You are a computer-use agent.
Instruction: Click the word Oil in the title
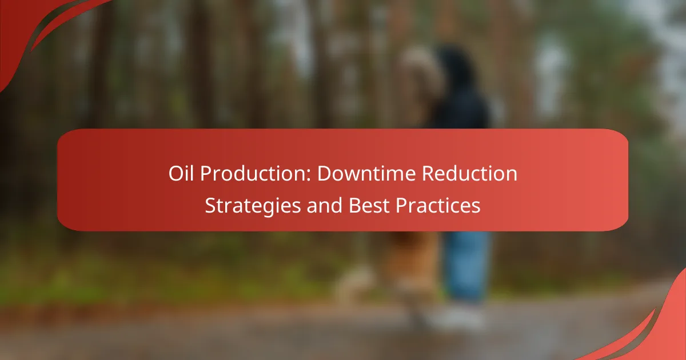(181, 173)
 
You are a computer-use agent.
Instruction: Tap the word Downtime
(366, 173)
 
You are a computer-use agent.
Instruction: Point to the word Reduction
(469, 173)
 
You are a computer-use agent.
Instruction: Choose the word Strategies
(253, 206)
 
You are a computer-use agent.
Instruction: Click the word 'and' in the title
(324, 205)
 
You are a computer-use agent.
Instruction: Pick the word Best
(369, 205)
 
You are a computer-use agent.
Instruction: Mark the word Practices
(438, 205)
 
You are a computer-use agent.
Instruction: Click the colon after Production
(310, 176)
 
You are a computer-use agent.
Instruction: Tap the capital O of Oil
(176, 174)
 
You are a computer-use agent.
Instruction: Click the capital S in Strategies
(210, 205)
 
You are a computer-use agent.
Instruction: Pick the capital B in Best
(354, 205)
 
